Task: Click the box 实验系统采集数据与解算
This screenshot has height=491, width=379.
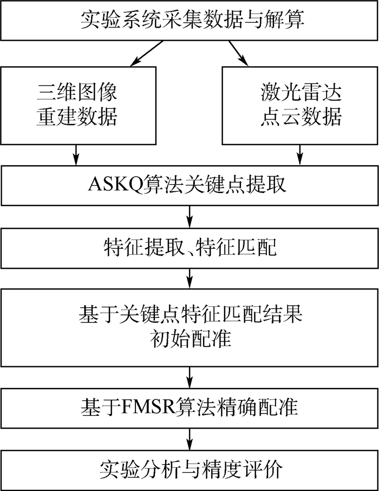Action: coord(190,20)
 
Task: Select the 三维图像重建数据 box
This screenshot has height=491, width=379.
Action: coord(78,105)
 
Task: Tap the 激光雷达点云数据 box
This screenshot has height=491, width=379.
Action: coord(299,105)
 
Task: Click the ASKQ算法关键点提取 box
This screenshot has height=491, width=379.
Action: coord(190,186)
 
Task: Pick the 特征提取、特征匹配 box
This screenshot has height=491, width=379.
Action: coord(190,248)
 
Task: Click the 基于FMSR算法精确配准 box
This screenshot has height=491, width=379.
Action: coord(190,406)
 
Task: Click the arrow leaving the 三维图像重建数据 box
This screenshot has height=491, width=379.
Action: coord(76,154)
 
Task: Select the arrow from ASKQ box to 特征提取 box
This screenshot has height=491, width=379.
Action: coord(190,216)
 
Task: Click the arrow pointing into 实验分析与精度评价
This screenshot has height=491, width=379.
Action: coord(190,437)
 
